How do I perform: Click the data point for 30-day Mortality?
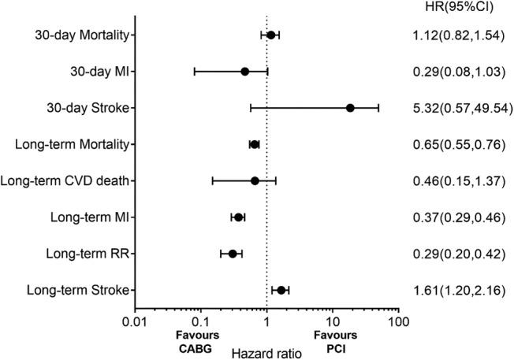tap(270, 35)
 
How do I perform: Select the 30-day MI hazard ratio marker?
tap(244, 71)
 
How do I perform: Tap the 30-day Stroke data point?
tap(350, 108)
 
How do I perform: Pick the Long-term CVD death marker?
tap(255, 180)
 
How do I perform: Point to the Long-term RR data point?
tap(233, 254)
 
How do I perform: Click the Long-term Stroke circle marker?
tap(281, 291)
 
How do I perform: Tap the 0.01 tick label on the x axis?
tap(135, 321)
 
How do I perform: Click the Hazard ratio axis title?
tap(266, 352)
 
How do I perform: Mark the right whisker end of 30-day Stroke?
tap(378, 108)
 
